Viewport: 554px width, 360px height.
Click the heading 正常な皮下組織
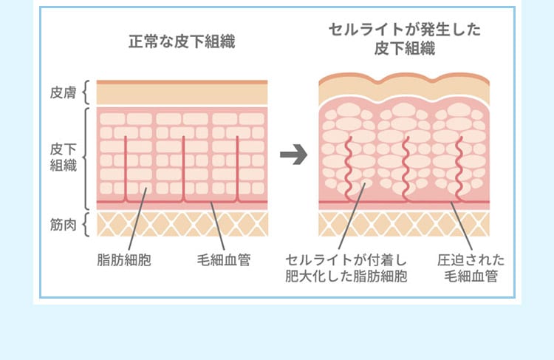(x=182, y=41)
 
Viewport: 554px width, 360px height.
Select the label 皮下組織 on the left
(x=63, y=157)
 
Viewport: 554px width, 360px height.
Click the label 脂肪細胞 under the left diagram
(x=124, y=260)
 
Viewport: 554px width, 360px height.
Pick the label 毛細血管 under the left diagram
(x=223, y=260)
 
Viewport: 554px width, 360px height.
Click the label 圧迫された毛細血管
(x=471, y=268)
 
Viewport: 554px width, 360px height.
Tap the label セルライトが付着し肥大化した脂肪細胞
(x=346, y=268)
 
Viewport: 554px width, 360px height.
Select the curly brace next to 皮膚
(x=86, y=92)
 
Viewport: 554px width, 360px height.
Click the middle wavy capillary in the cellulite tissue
(x=405, y=168)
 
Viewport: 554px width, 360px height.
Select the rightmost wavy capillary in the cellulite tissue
(x=459, y=168)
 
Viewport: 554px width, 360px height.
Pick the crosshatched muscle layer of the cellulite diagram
(x=403, y=224)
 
